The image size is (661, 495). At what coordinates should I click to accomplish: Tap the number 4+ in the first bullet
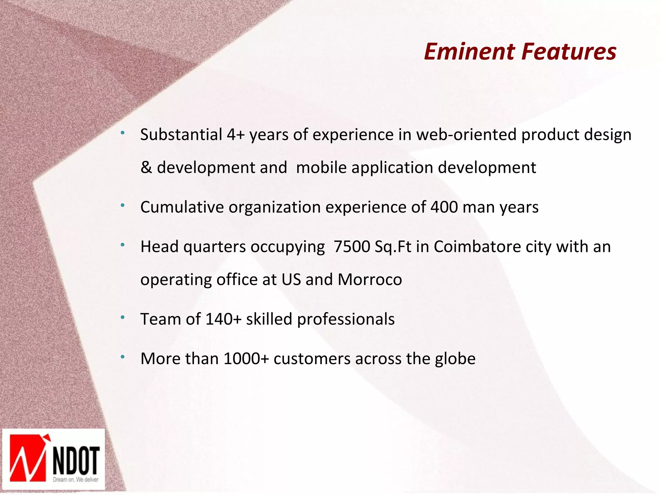pyautogui.click(x=235, y=135)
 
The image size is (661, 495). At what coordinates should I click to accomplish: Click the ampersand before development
pyautogui.click(x=146, y=168)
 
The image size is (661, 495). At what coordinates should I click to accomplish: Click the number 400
pyautogui.click(x=444, y=207)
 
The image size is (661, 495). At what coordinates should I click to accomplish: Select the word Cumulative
pyautogui.click(x=182, y=207)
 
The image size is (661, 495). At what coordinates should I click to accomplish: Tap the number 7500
pyautogui.click(x=352, y=247)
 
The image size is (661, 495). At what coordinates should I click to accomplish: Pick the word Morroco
pyautogui.click(x=370, y=280)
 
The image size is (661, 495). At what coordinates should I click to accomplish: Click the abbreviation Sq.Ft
pyautogui.click(x=393, y=247)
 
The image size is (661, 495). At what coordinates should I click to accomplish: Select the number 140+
pyautogui.click(x=223, y=319)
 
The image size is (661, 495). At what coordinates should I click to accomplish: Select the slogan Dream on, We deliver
pyautogui.click(x=76, y=480)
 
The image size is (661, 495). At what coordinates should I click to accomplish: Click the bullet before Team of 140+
pyautogui.click(x=123, y=318)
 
